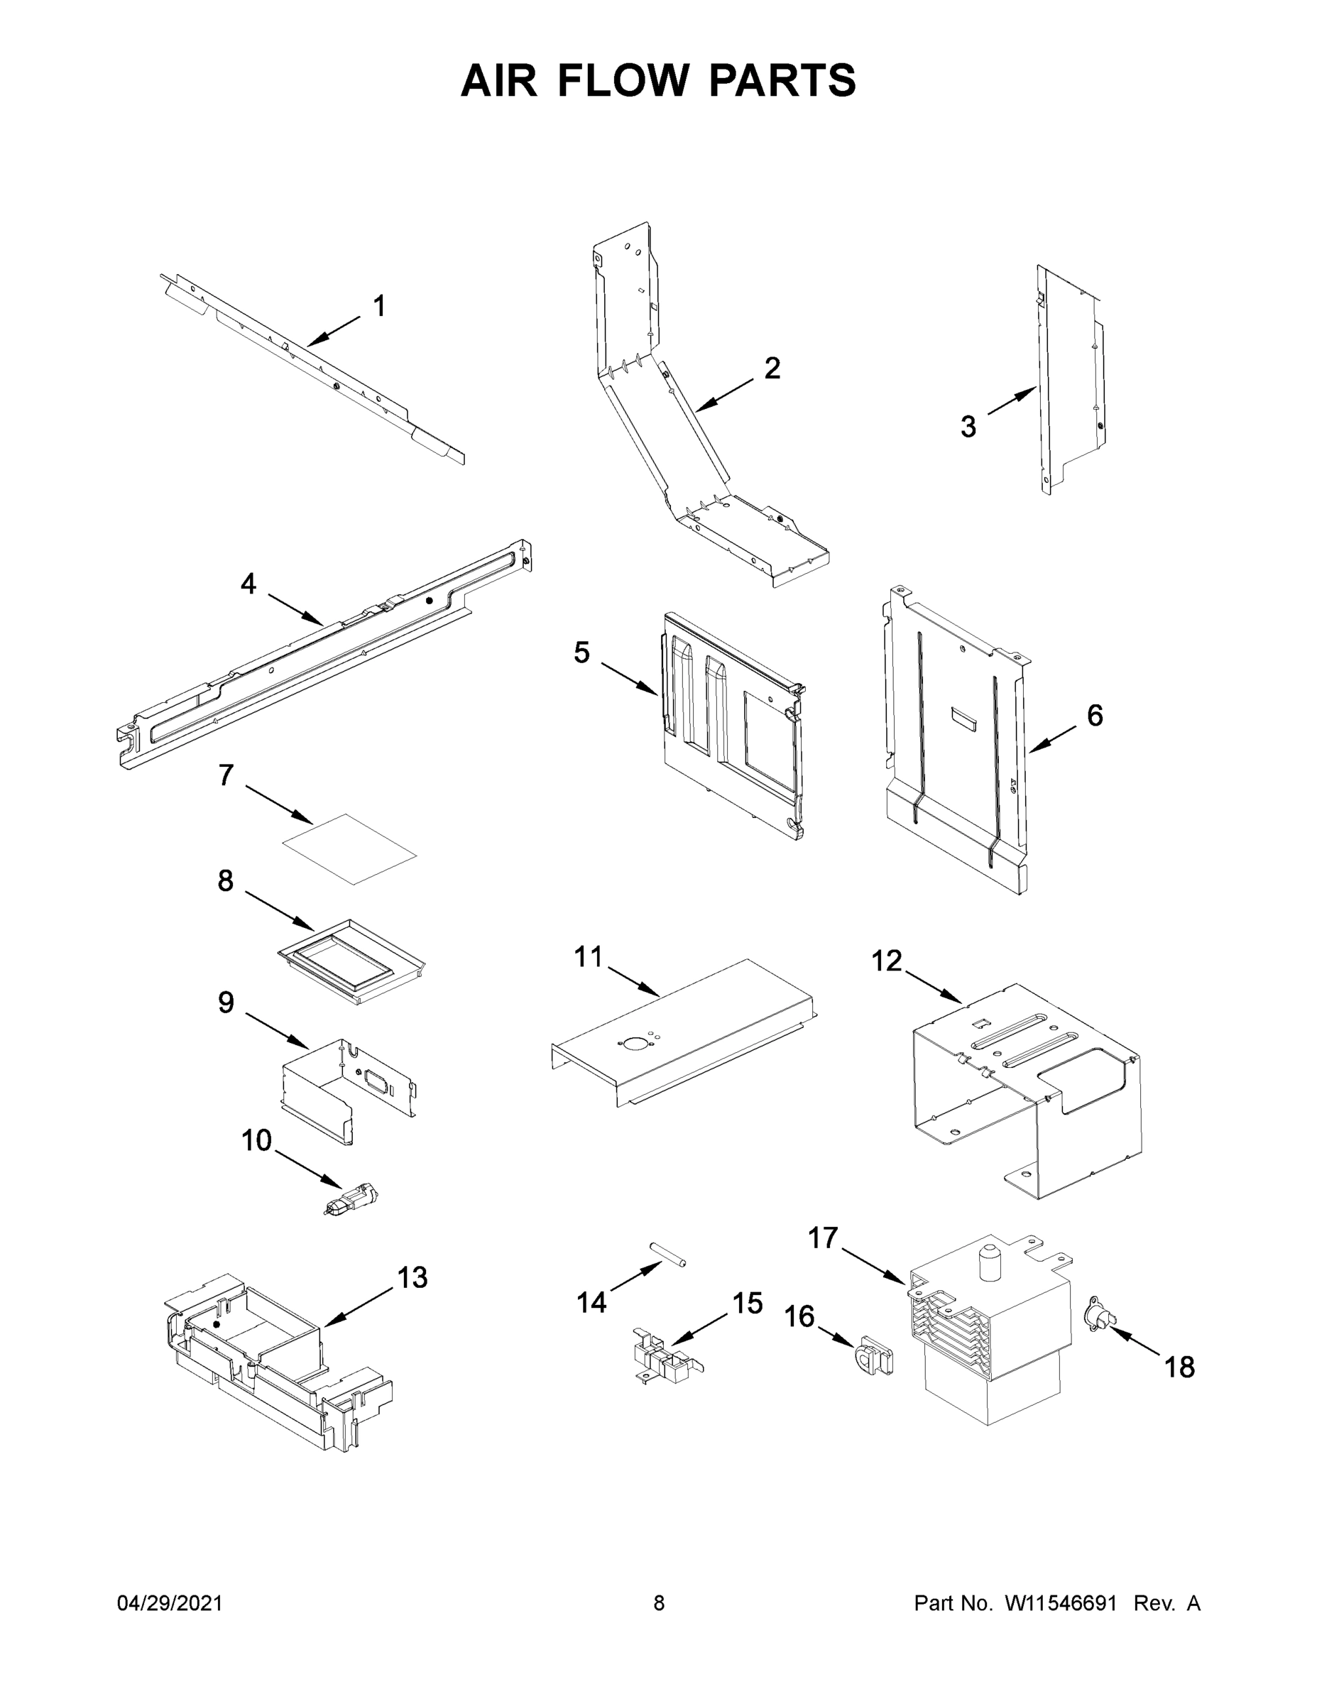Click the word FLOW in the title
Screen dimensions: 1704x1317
[623, 80]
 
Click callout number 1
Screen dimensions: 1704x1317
[379, 307]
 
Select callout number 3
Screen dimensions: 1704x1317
[968, 427]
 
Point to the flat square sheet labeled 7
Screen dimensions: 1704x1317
[349, 849]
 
